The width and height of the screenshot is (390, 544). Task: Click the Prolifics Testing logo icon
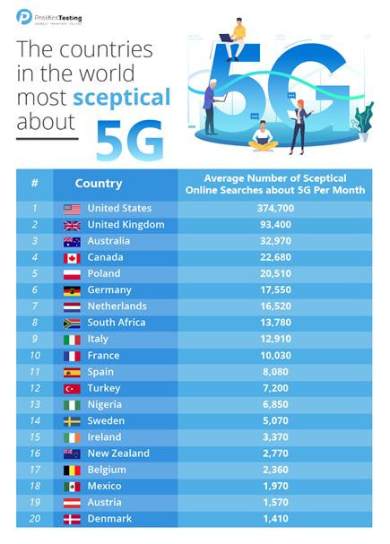pos(25,15)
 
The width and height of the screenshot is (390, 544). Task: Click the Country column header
pos(99,183)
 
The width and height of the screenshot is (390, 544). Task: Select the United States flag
pos(72,209)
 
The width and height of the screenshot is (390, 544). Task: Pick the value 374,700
pos(275,209)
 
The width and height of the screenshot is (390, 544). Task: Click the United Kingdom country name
pos(126,225)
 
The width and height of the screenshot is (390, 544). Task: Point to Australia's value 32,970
pos(275,241)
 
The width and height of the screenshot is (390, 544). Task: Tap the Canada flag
pos(72,258)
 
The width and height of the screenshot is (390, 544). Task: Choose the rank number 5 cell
pos(34,274)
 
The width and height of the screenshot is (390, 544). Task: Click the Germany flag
pos(72,290)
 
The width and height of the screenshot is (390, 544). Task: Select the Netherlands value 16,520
pos(275,307)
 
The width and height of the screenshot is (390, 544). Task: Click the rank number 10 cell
pos(34,356)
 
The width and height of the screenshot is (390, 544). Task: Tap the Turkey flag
pos(72,388)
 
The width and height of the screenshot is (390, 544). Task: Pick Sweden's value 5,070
pos(275,420)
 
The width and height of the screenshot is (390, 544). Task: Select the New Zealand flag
pos(72,453)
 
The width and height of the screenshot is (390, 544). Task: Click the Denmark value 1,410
pos(275,519)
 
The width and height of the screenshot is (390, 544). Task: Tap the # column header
pos(34,183)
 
